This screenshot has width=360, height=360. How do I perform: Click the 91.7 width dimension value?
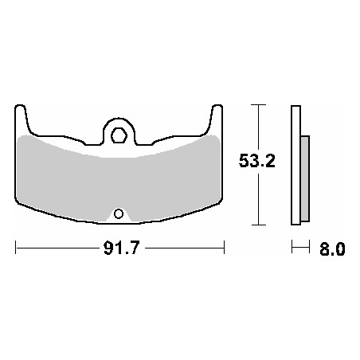point(121,248)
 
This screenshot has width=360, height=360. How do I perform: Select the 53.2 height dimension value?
point(257,161)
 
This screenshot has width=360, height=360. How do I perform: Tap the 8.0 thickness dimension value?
point(332,248)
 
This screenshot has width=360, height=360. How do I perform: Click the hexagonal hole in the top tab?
point(119,135)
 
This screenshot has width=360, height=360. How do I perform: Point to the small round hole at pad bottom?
point(119,213)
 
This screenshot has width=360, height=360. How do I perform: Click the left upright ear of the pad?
point(21,119)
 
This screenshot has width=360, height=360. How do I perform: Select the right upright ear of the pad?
point(216,119)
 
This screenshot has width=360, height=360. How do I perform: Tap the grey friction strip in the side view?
point(305,178)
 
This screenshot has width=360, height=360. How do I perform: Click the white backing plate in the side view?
point(296,165)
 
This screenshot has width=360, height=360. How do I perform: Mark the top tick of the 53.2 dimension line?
point(258,105)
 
